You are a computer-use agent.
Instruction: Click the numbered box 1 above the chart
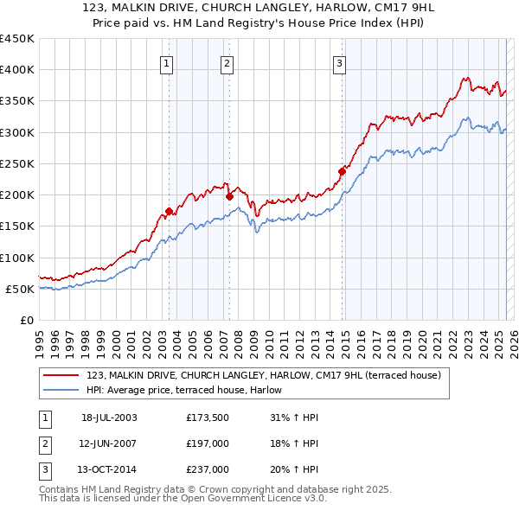pos(165,62)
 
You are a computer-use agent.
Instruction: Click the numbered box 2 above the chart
pos(227,62)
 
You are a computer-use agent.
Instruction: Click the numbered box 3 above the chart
pos(340,62)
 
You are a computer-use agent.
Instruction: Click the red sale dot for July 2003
pos(170,211)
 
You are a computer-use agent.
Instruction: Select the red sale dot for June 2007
pos(229,196)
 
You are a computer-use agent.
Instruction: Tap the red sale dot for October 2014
pos(342,171)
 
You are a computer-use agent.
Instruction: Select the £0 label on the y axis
pos(27,320)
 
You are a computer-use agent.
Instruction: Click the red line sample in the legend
pos(62,375)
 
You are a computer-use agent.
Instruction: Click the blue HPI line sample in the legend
pos(62,390)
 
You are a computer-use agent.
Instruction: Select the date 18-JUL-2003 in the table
pos(109,418)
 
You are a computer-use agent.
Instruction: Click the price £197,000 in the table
pos(208,443)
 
